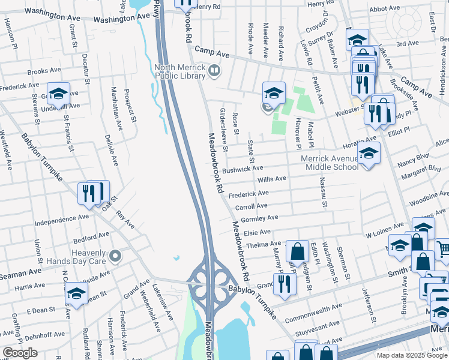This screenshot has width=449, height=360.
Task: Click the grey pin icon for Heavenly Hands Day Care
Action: pos(116,256)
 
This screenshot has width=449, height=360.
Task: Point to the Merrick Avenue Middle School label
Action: pos(330,163)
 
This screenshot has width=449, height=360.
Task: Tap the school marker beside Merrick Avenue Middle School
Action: pos(369,154)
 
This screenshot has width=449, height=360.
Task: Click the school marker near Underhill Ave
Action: pos(59,94)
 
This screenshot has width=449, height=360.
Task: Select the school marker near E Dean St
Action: pos(76,293)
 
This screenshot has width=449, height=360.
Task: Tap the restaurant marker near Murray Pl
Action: pos(285,284)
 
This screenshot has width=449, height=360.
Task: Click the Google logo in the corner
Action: pos(20,353)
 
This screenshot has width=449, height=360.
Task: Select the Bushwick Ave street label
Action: pos(238,170)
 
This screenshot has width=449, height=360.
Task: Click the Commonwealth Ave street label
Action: pos(313,312)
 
